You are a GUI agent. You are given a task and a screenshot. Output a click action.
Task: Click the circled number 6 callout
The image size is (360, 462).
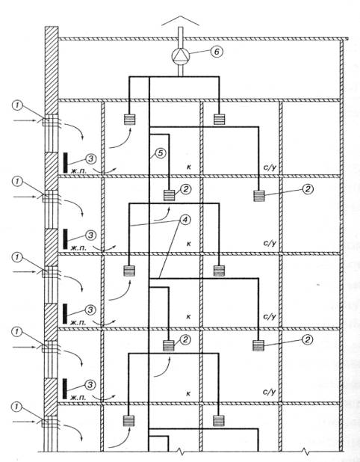(x=217, y=52)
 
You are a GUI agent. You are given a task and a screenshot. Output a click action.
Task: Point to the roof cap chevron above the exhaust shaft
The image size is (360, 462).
(x=180, y=21)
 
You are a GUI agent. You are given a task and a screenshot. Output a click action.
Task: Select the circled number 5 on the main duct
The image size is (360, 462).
(x=160, y=153)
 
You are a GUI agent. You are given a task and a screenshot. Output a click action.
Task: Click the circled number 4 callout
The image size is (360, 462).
(x=185, y=220)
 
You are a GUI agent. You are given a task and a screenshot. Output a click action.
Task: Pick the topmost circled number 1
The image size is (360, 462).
(x=17, y=105)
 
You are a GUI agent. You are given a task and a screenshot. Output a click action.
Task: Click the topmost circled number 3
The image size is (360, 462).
(x=91, y=158)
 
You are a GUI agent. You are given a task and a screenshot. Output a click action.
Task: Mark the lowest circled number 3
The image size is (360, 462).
(x=90, y=385)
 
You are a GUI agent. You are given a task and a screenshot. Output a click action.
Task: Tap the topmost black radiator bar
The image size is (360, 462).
(x=65, y=162)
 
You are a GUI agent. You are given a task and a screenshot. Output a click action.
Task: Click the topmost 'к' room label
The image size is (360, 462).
(x=189, y=167)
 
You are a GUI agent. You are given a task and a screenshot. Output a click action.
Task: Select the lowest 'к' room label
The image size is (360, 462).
(x=188, y=393)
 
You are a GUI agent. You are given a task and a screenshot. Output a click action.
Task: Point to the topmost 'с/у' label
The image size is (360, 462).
(x=270, y=167)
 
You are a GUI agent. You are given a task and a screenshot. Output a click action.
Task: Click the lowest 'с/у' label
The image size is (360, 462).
(x=270, y=392)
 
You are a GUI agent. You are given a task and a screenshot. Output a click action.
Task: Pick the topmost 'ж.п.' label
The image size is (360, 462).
(x=78, y=170)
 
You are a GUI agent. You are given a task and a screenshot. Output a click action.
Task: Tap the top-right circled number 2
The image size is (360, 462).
(x=308, y=189)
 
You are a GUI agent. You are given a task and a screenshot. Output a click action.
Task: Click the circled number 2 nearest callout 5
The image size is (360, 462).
(x=185, y=189)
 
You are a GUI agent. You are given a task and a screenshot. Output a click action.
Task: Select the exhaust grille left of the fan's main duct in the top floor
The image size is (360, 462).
(x=129, y=120)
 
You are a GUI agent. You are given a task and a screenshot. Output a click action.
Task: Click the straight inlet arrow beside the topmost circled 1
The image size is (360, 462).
(x=25, y=120)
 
